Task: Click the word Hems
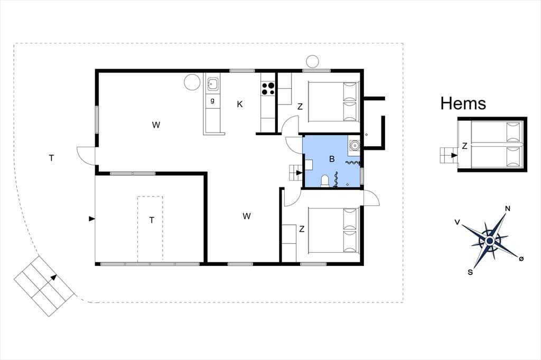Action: click(463, 103)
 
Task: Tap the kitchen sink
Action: click(212, 84)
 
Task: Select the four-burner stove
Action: click(268, 88)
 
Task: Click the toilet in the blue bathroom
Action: click(325, 181)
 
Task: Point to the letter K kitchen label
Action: click(240, 104)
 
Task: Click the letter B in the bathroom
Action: click(332, 159)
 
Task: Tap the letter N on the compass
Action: click(508, 209)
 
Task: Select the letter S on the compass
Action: click(470, 272)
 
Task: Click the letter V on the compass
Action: click(457, 222)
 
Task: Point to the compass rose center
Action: click(489, 240)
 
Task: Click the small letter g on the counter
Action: click(212, 101)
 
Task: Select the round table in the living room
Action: click(192, 82)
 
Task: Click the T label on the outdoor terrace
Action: click(51, 158)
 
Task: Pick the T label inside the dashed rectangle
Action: click(152, 220)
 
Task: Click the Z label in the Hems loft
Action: click(464, 146)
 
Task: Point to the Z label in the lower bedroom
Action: click(302, 229)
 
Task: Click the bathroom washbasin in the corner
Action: click(354, 146)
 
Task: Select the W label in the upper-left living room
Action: click(156, 125)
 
